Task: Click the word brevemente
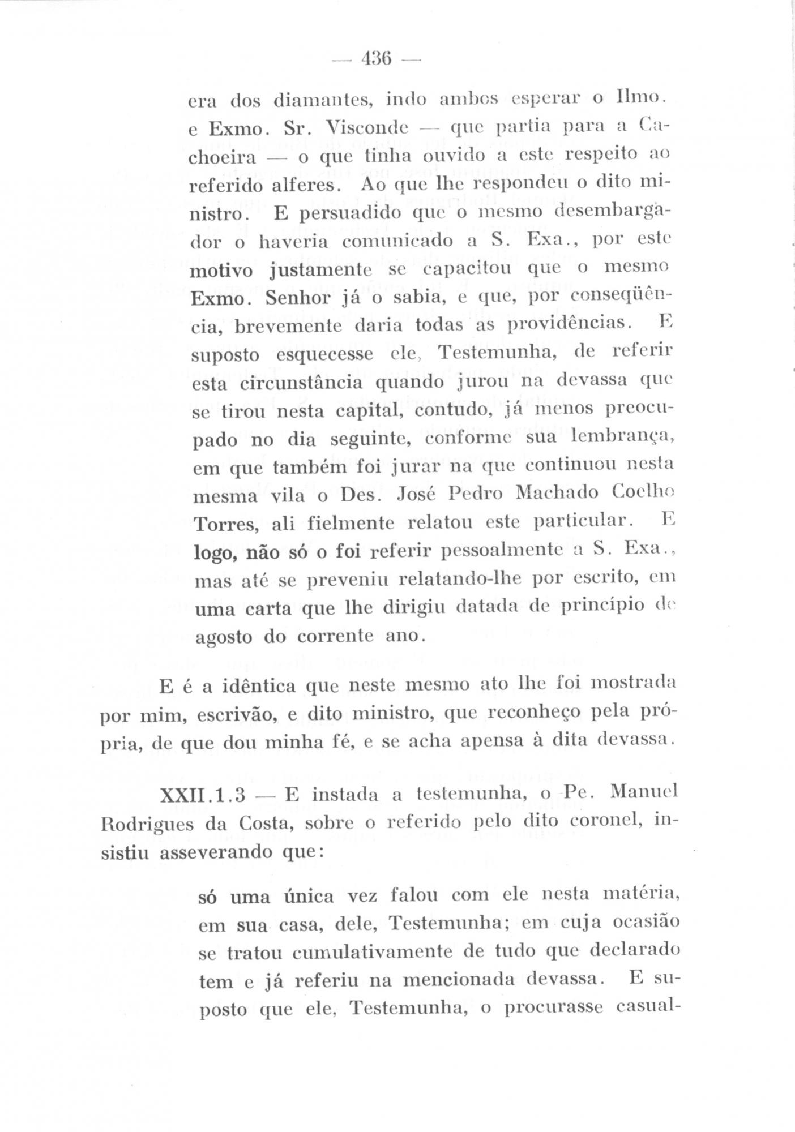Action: coord(288,327)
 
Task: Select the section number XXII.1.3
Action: coord(203,795)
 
